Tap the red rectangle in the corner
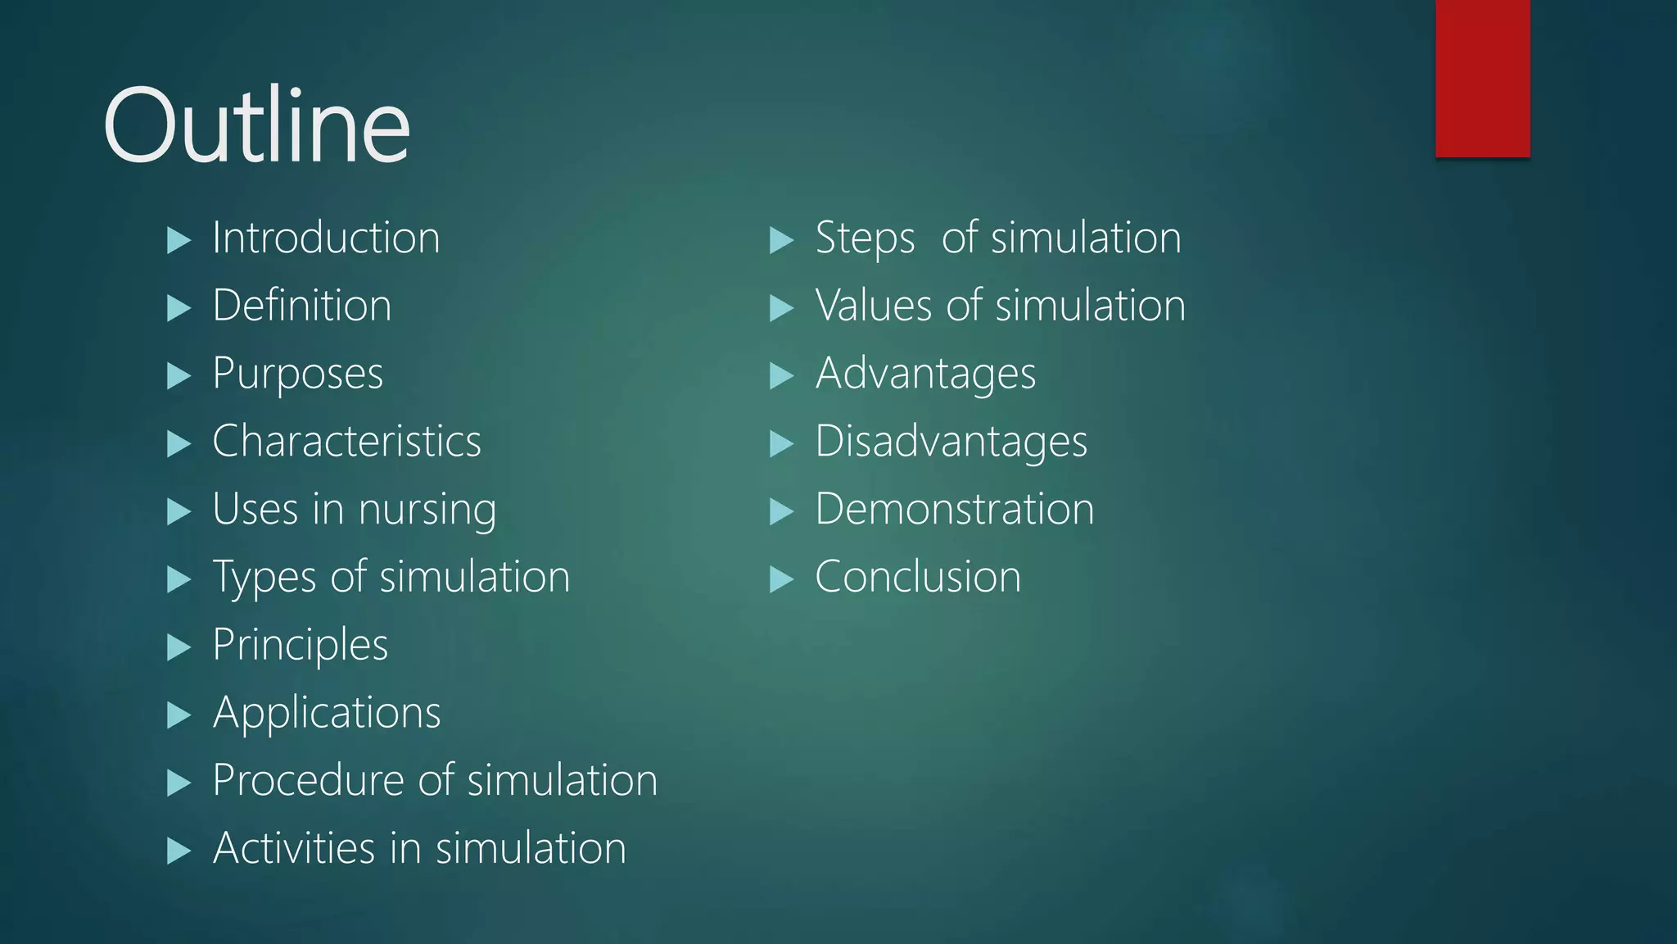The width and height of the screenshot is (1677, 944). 1482,78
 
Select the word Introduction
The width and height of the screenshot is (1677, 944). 326,238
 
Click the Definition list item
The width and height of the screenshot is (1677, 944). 301,306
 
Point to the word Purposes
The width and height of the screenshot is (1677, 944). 297,374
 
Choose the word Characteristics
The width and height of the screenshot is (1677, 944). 346,442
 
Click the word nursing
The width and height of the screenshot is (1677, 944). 427,511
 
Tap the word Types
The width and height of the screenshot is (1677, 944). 264,578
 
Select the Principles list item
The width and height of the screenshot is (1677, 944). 300,646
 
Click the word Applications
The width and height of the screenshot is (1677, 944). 327,713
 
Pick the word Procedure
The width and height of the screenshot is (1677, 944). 308,780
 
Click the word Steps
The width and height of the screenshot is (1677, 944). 865,239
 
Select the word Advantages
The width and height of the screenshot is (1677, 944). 925,374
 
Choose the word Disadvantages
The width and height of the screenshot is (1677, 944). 951,442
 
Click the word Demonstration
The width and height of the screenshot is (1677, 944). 954,510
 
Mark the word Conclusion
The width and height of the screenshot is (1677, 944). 918,577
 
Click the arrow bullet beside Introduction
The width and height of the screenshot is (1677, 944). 179,240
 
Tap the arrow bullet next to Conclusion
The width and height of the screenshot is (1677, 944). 782,579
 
